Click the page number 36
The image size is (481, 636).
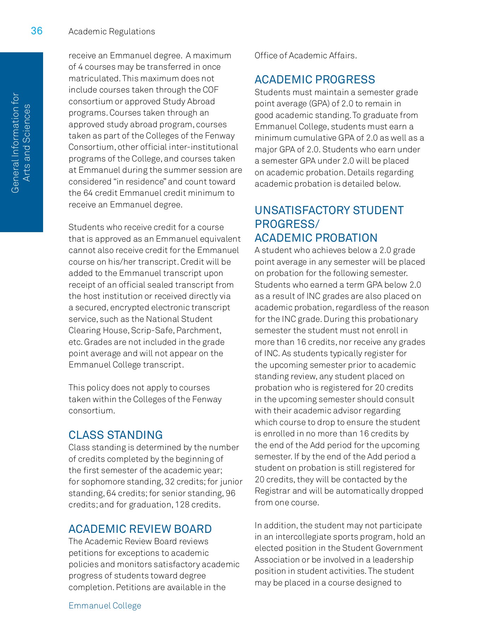click(x=37, y=31)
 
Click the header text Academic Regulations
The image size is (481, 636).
click(x=112, y=31)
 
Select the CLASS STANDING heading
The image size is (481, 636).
click(x=115, y=435)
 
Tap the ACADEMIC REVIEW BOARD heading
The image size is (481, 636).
click(x=140, y=529)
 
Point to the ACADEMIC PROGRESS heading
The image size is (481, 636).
click(x=315, y=79)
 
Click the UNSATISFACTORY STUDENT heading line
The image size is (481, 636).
click(x=329, y=210)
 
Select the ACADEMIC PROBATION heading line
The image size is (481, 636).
click(x=316, y=238)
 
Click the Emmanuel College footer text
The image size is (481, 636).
click(x=105, y=606)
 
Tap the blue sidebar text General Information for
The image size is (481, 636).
click(x=15, y=143)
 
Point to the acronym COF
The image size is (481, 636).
click(x=210, y=90)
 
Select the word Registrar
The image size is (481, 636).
click(x=272, y=491)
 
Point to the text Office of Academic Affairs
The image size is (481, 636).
click(x=305, y=55)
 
